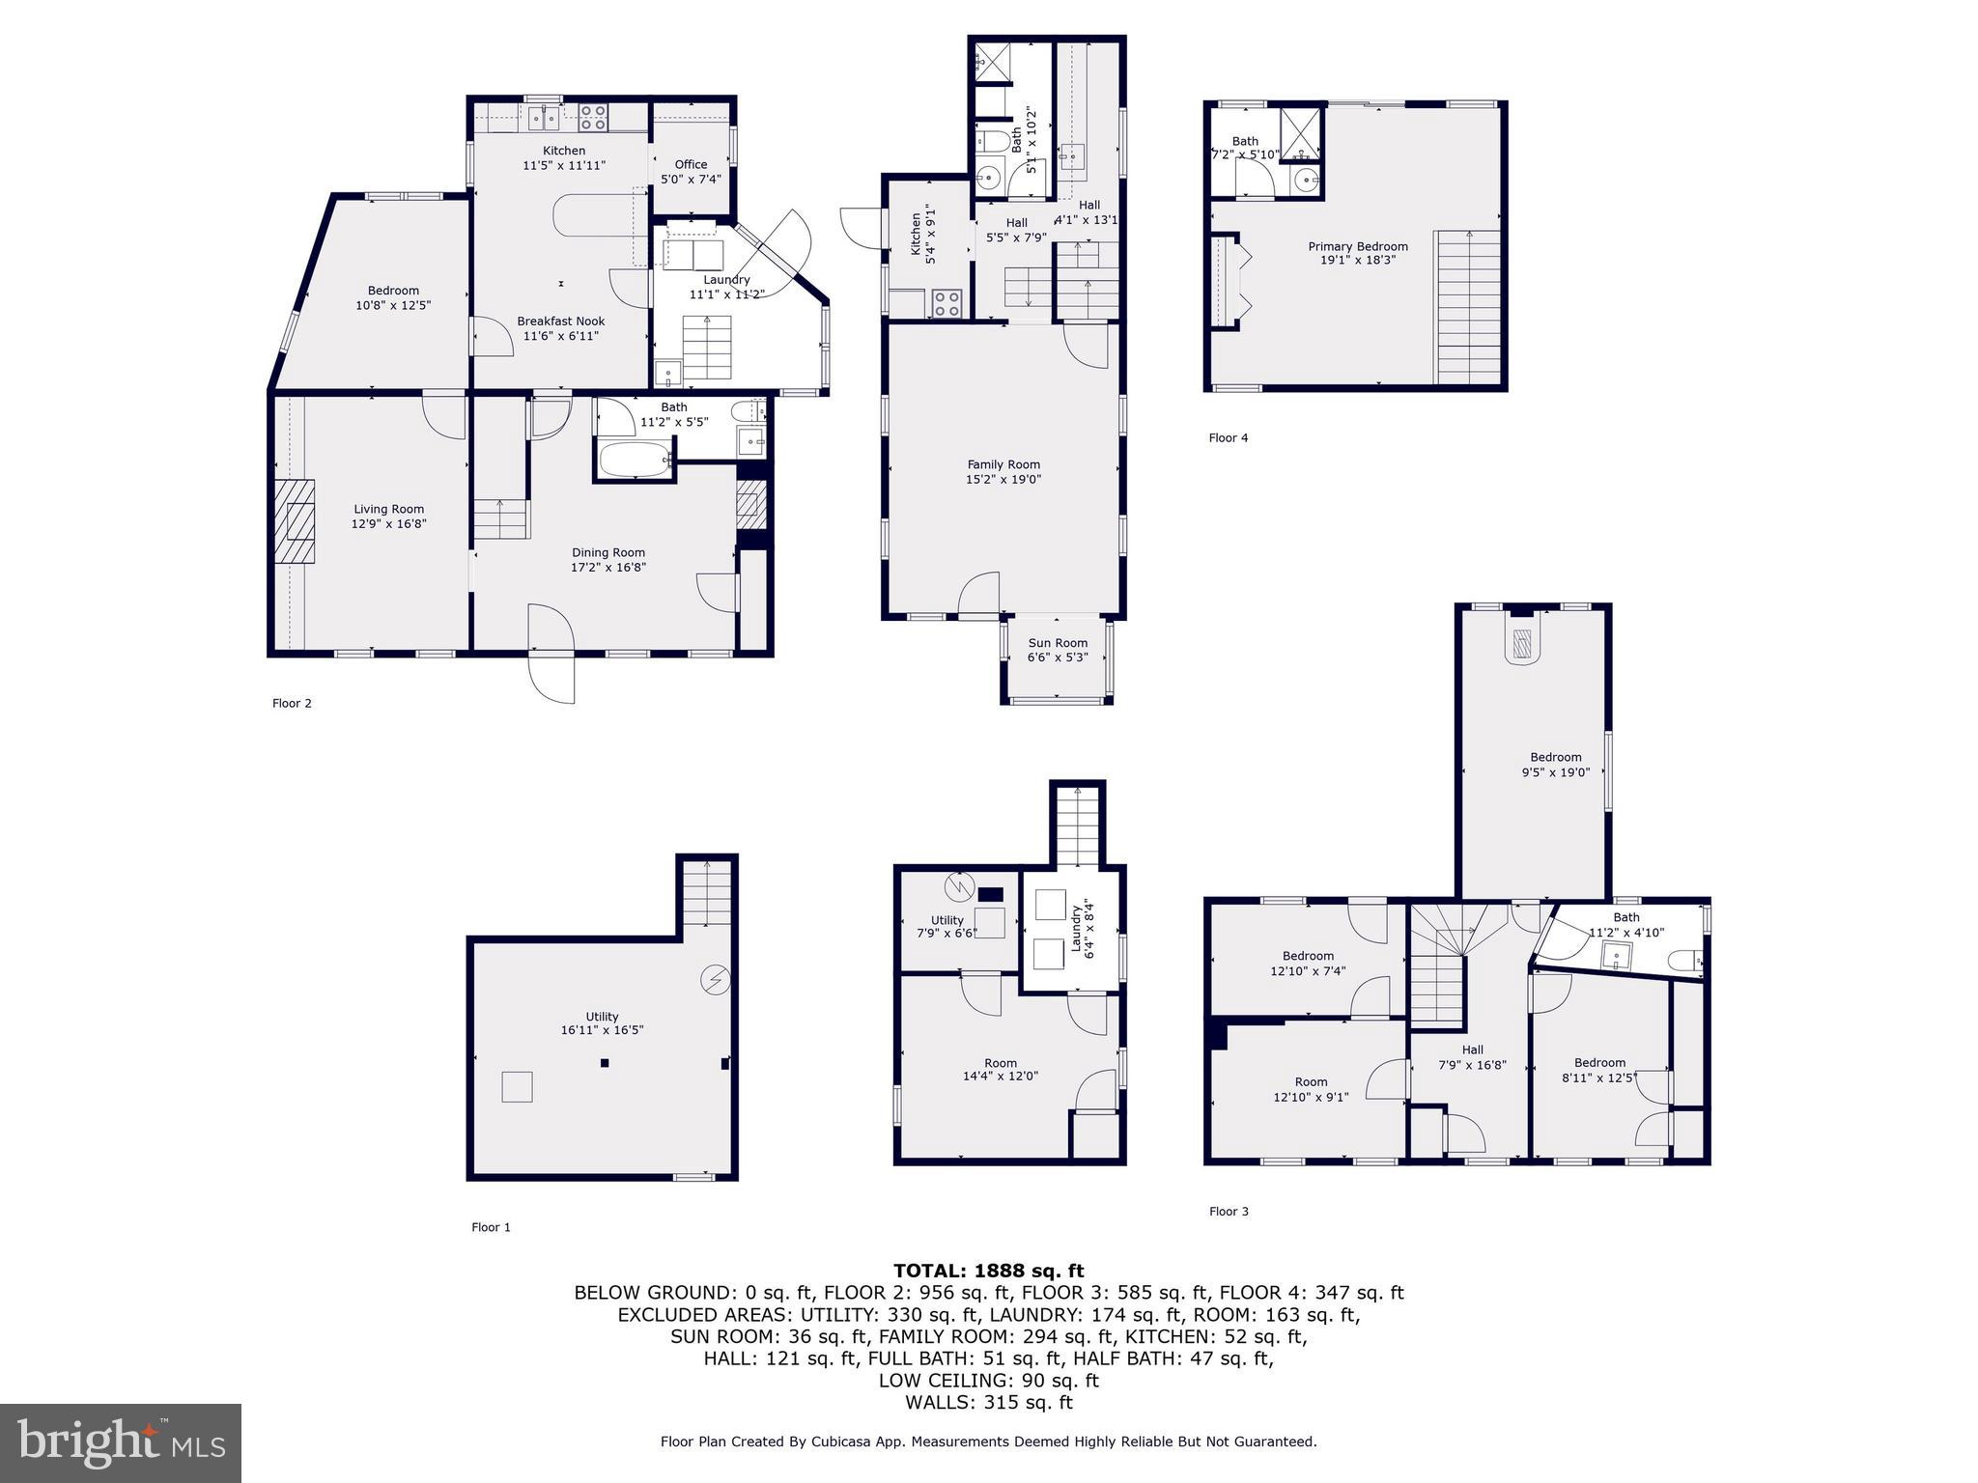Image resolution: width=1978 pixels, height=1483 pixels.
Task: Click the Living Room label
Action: click(388, 509)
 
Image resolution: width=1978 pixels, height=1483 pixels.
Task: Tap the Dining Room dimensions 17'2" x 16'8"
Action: click(608, 568)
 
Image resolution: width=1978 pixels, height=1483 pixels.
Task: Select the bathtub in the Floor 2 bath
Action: click(634, 459)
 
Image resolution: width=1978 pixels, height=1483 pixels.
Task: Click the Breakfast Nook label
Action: click(560, 322)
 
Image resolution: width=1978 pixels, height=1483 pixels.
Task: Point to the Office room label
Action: click(691, 164)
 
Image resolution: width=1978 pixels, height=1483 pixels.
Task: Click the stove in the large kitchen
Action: click(592, 118)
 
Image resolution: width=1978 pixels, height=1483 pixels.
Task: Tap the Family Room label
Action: click(1003, 464)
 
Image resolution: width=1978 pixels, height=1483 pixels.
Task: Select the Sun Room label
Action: click(1058, 643)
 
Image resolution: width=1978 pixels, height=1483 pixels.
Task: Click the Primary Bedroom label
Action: click(1357, 246)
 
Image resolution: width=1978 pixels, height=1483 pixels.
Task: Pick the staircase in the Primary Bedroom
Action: click(1468, 307)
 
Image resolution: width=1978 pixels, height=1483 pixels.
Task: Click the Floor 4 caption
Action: click(1228, 437)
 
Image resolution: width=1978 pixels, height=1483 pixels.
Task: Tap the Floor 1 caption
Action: click(491, 1227)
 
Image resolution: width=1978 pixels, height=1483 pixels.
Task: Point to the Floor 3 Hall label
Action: click(1472, 1049)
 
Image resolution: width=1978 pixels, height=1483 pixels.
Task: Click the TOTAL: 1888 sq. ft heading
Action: click(988, 1271)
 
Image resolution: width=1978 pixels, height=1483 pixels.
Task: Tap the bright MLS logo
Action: click(121, 1442)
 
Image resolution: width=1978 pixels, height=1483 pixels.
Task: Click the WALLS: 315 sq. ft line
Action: click(988, 1402)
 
